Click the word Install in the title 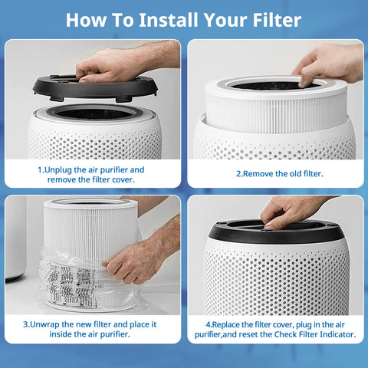pyautogui.click(x=169, y=20)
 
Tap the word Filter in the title pyautogui.click(x=277, y=20)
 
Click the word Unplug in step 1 pyautogui.click(x=58, y=170)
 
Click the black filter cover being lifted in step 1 pyautogui.click(x=95, y=88)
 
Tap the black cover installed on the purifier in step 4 pyautogui.click(x=276, y=232)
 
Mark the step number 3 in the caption pyautogui.click(x=25, y=324)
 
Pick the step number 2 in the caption pyautogui.click(x=238, y=174)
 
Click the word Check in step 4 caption pyautogui.click(x=285, y=334)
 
